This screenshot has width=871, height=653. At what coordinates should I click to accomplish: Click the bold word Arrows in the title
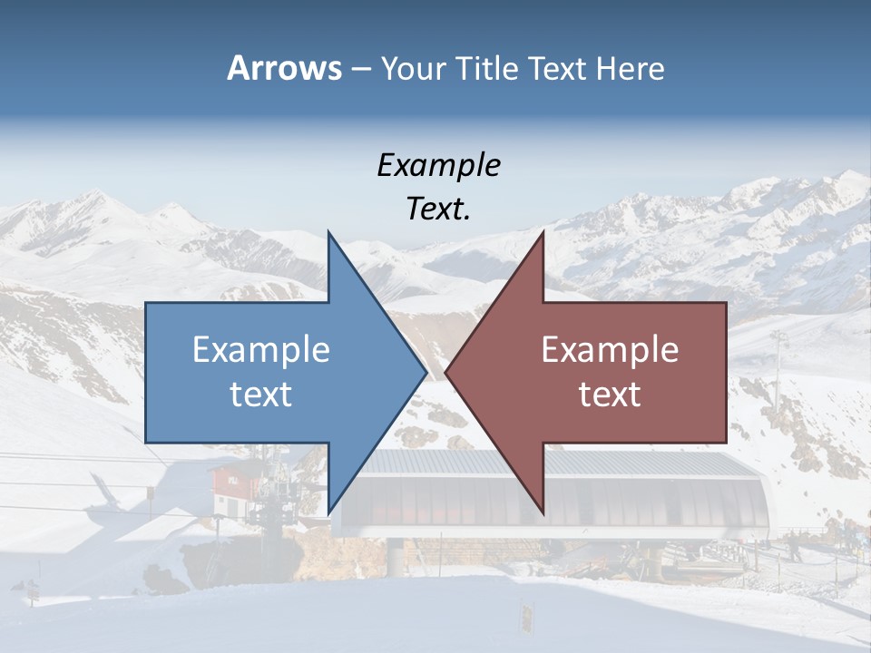[x=284, y=68]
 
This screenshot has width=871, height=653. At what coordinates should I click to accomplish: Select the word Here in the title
[x=630, y=68]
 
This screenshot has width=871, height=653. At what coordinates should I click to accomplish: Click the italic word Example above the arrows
[x=438, y=165]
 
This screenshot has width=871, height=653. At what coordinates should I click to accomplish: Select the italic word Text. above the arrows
[x=438, y=209]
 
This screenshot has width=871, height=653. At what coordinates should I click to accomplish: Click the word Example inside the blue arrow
[x=261, y=350]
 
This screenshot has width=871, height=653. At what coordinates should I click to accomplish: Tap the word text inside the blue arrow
[x=261, y=394]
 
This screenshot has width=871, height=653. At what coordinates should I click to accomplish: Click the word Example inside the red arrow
[x=610, y=350]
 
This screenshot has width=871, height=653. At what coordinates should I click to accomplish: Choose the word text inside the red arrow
[x=610, y=394]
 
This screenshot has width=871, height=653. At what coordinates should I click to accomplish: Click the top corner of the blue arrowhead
[x=328, y=234]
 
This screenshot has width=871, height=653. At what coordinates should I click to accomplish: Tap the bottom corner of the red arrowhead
[x=543, y=512]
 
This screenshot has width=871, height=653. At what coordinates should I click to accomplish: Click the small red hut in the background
[x=233, y=490]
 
